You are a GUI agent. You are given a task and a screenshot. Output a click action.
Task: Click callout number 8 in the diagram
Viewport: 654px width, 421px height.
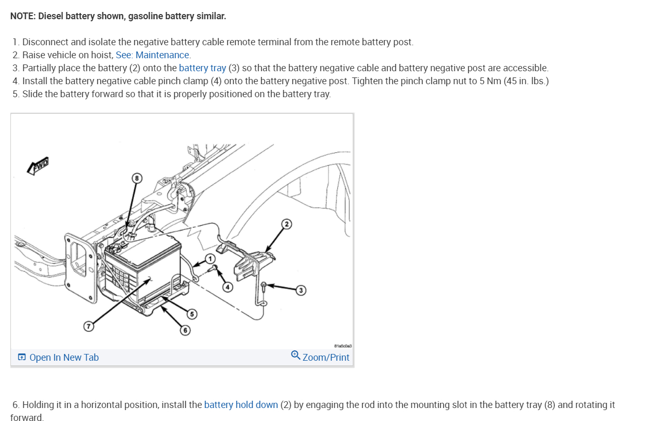[x=137, y=178]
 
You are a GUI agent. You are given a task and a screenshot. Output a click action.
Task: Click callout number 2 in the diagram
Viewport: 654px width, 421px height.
[x=286, y=224]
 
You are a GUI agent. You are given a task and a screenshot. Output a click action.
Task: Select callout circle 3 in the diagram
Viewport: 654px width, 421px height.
[x=300, y=290]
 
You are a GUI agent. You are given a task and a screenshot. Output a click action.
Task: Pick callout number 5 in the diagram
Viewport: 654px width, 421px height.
[x=192, y=313]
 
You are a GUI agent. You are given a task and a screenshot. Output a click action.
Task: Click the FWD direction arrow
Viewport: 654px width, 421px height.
[x=38, y=166]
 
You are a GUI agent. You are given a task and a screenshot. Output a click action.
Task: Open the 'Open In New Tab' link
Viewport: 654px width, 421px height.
[x=63, y=358]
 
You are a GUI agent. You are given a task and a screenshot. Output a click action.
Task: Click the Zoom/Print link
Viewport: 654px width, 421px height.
[x=326, y=358]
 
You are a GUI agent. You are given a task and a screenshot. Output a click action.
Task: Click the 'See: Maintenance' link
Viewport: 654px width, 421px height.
[x=153, y=55]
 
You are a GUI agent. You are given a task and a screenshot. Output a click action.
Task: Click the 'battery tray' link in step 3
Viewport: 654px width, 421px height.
[x=202, y=68]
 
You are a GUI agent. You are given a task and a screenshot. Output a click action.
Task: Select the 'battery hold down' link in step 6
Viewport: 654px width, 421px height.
[x=241, y=405]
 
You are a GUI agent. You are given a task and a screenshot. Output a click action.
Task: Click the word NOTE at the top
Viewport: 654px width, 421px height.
[x=22, y=16]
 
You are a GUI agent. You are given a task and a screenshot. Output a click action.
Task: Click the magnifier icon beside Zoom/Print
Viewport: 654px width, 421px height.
[x=296, y=356]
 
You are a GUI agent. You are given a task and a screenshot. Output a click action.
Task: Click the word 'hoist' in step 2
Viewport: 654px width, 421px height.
[x=102, y=55]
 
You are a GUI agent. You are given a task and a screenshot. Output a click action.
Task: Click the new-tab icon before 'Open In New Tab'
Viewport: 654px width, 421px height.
[x=22, y=358]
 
